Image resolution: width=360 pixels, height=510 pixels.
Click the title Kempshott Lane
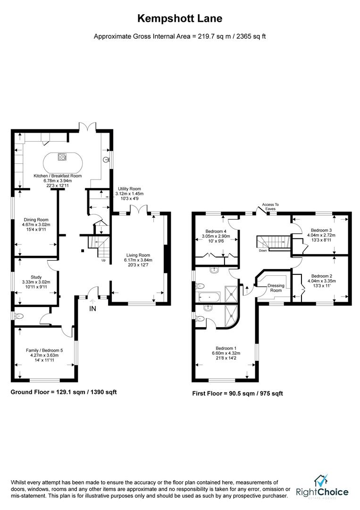[x=179, y=18]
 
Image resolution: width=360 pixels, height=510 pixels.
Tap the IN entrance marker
[x=92, y=309]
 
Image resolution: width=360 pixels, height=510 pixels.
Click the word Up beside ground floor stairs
[x=103, y=260]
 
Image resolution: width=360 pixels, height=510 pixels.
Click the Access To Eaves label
[x=270, y=206]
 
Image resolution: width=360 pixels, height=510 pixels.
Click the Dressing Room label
[x=276, y=288]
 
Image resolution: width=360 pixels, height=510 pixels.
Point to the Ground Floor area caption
[x=64, y=392]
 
